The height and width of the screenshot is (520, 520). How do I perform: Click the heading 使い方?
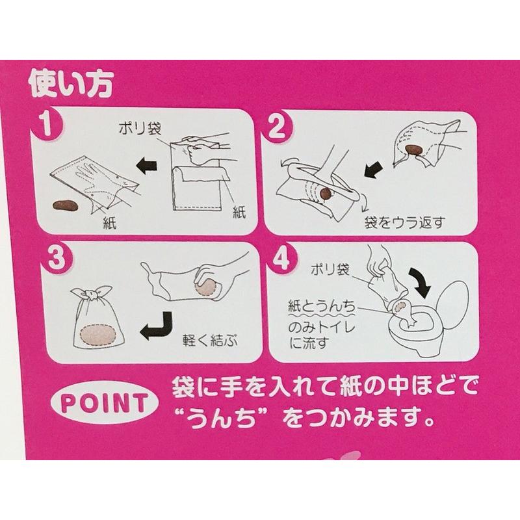pyautogui.click(x=71, y=84)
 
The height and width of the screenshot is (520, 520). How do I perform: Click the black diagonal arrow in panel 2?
pyautogui.click(x=374, y=170)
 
